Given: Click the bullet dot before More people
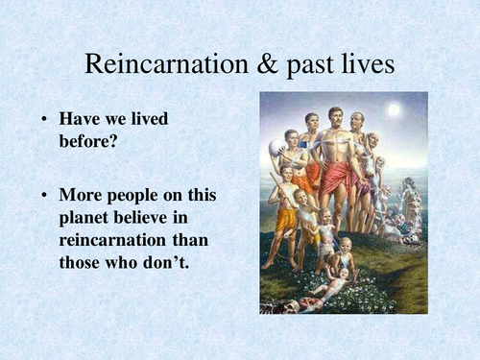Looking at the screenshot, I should pos(44,196).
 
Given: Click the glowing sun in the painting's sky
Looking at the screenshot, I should pos(393,110).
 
